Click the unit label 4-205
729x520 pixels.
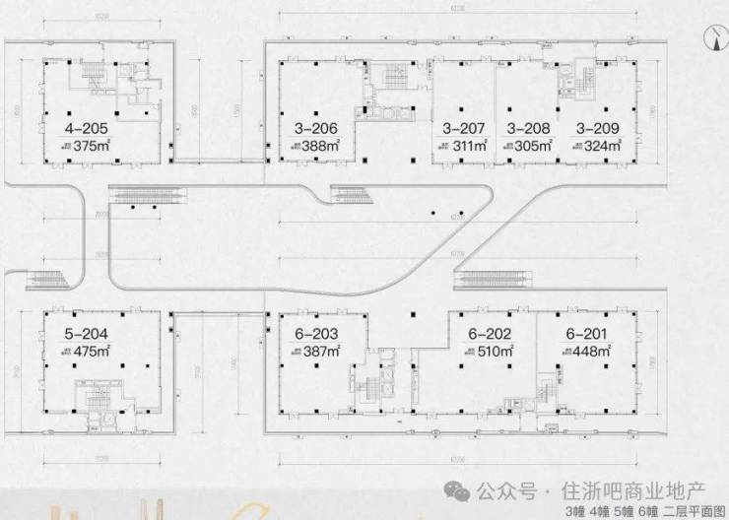coord(84,128)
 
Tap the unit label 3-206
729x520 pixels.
coord(316,128)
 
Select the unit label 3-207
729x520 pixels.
coord(463,128)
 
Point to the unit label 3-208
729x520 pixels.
coord(527,128)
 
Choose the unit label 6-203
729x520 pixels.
coord(316,333)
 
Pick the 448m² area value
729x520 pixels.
coord(593,351)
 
